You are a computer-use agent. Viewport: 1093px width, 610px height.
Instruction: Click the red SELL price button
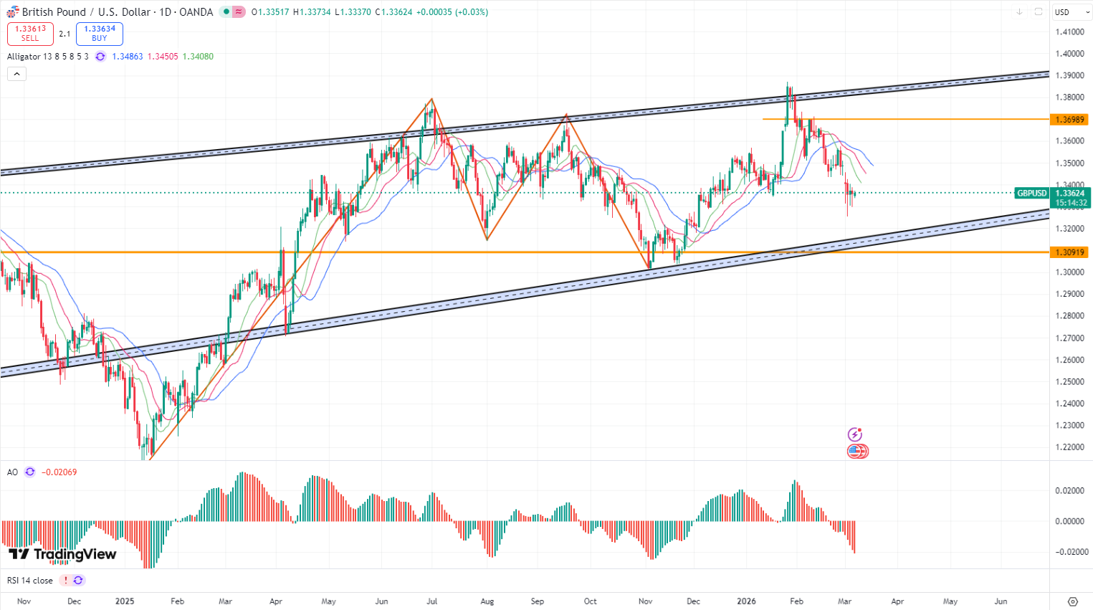pyautogui.click(x=30, y=34)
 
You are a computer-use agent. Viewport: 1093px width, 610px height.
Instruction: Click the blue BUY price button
pyautogui.click(x=99, y=34)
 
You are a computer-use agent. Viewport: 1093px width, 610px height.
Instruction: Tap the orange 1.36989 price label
pyautogui.click(x=1069, y=120)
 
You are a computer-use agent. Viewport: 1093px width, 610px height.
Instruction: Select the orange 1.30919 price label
pyautogui.click(x=1069, y=252)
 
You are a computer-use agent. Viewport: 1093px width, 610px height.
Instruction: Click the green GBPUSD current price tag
pyautogui.click(x=1032, y=194)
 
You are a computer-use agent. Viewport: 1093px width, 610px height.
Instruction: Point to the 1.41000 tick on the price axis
pyautogui.click(x=1069, y=32)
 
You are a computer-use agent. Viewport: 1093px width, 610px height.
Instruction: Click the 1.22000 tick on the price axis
pyautogui.click(x=1069, y=447)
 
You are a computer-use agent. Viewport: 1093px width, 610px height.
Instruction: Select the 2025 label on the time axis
pyautogui.click(x=125, y=601)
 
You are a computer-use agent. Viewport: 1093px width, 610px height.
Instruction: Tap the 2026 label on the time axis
pyautogui.click(x=746, y=601)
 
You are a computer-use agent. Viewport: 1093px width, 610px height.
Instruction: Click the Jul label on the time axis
pyautogui.click(x=431, y=601)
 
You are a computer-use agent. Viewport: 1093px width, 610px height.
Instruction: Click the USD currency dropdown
pyautogui.click(x=1071, y=12)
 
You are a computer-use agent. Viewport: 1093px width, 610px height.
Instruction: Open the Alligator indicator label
pyautogui.click(x=47, y=57)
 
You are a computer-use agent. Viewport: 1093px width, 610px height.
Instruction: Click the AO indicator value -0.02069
pyautogui.click(x=59, y=472)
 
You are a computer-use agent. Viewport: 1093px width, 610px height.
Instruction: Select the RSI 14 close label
pyautogui.click(x=30, y=581)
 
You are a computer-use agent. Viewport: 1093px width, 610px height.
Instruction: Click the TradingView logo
pyautogui.click(x=62, y=554)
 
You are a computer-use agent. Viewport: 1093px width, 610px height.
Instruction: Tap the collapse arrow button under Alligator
pyautogui.click(x=16, y=74)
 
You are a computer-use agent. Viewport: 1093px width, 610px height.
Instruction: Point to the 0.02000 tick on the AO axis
pyautogui.click(x=1069, y=490)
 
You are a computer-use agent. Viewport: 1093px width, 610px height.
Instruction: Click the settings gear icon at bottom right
pyautogui.click(x=1072, y=601)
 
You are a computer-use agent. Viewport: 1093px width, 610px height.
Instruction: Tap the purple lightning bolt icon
pyautogui.click(x=854, y=434)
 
